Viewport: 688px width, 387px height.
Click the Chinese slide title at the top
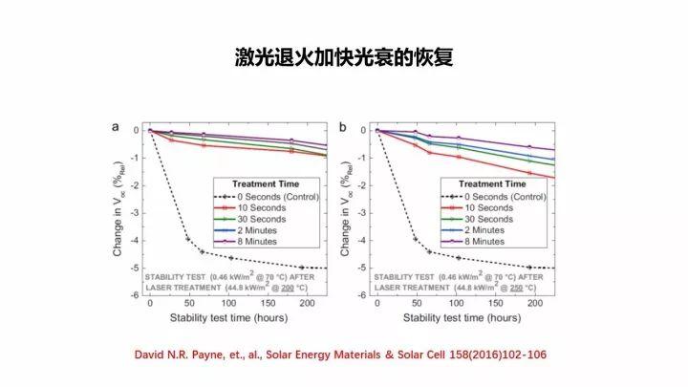[344, 58]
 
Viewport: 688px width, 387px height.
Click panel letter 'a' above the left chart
[115, 126]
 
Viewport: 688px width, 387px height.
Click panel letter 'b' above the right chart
[343, 126]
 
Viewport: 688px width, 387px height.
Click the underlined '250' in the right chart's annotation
[512, 286]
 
